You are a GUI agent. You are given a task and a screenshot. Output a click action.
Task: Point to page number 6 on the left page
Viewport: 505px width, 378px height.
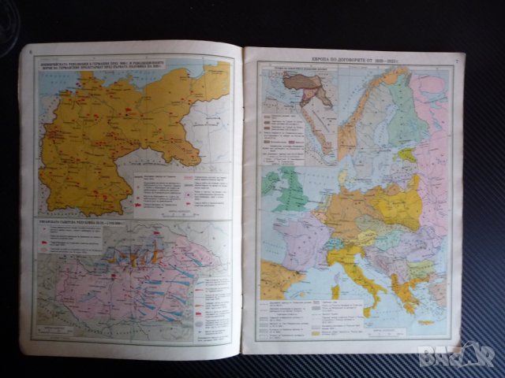tap(30, 54)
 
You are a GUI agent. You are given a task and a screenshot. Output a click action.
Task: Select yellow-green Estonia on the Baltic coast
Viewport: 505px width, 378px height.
tap(410, 154)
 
